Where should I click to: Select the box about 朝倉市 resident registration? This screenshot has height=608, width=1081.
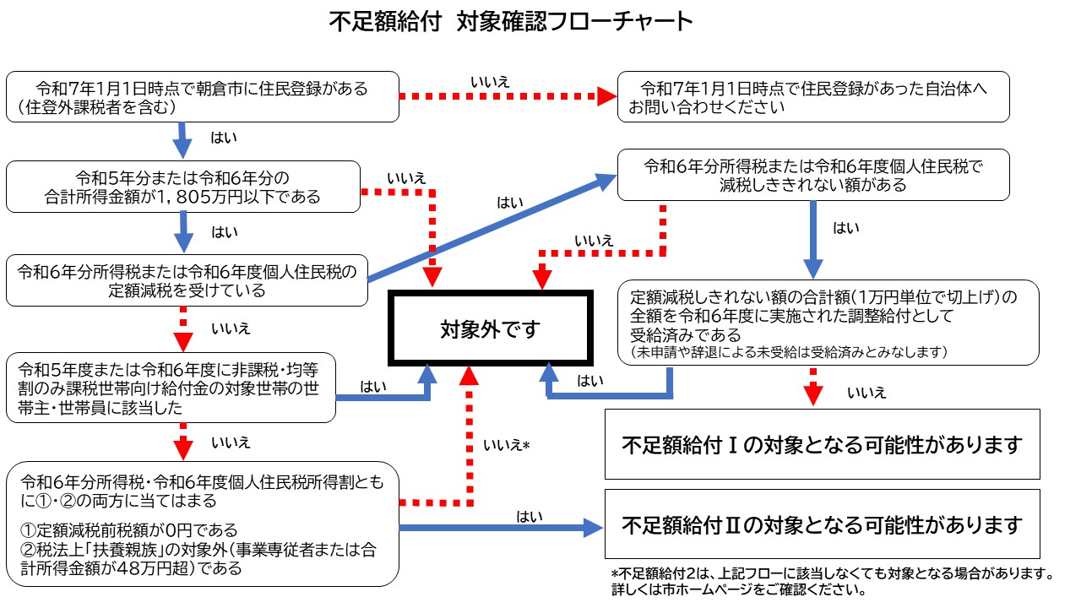pyautogui.click(x=202, y=96)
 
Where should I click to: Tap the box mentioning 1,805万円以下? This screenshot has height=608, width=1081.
pyautogui.click(x=182, y=187)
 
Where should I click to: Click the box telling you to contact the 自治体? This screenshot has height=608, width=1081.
pyautogui.click(x=813, y=97)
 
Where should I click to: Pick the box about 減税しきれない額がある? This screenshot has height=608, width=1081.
pyautogui.click(x=813, y=174)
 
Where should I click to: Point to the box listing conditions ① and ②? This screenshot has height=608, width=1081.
pyautogui.click(x=202, y=524)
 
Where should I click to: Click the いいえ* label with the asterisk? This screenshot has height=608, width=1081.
pyautogui.click(x=506, y=444)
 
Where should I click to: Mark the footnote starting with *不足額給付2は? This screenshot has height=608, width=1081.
pyautogui.click(x=831, y=582)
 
